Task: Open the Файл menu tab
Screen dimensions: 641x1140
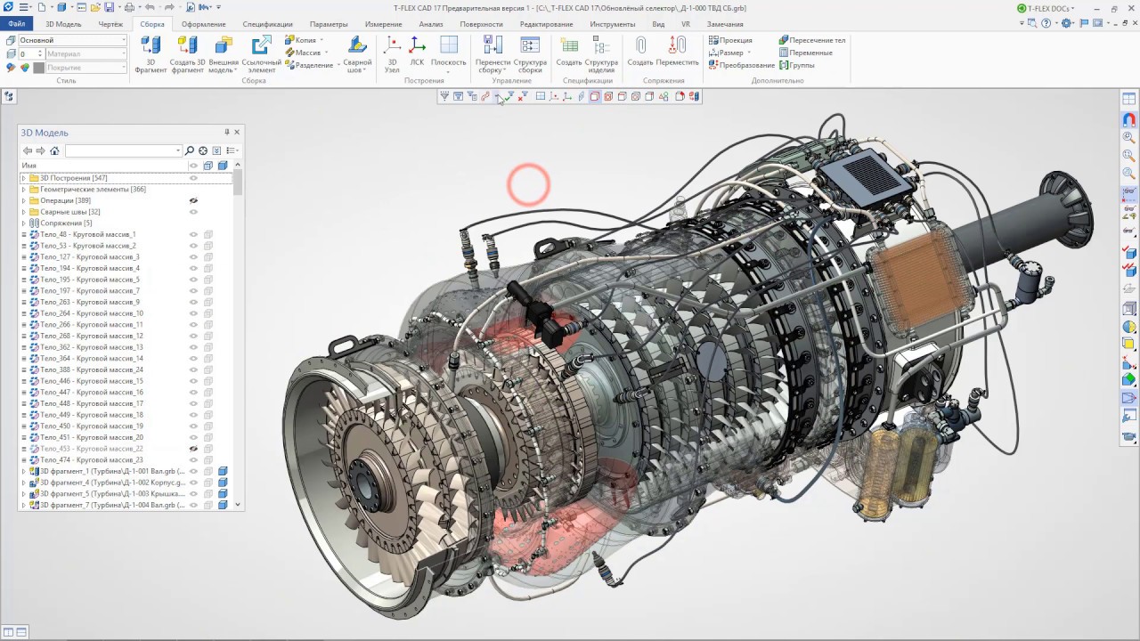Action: pyautogui.click(x=16, y=24)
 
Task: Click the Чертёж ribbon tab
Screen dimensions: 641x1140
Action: pyautogui.click(x=110, y=24)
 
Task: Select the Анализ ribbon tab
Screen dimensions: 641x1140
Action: pyautogui.click(x=430, y=24)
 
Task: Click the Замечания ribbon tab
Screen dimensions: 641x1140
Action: pyautogui.click(x=724, y=24)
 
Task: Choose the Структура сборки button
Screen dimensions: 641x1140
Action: pyautogui.click(x=530, y=53)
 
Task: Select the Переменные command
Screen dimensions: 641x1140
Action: pyautogui.click(x=810, y=53)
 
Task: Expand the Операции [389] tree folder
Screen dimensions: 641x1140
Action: pyautogui.click(x=24, y=200)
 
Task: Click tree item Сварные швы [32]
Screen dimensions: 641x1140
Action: pyautogui.click(x=69, y=212)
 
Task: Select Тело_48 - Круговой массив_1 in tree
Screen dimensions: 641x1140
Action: pyautogui.click(x=87, y=234)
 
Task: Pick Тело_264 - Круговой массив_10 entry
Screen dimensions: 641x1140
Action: pyautogui.click(x=91, y=313)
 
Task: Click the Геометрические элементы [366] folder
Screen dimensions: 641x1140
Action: pyautogui.click(x=93, y=189)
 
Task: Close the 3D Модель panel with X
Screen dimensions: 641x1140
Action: pyautogui.click(x=237, y=132)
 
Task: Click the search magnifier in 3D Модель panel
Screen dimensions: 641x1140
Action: pyautogui.click(x=190, y=150)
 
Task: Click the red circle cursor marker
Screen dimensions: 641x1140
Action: pyautogui.click(x=528, y=184)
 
